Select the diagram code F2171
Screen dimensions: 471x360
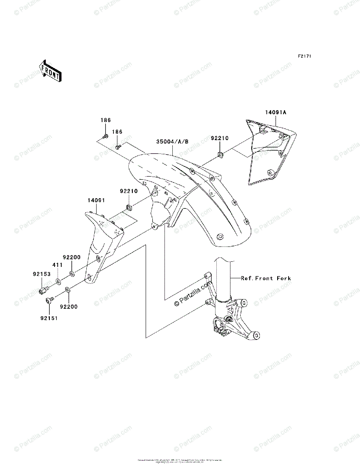304,57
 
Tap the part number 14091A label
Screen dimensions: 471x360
276,112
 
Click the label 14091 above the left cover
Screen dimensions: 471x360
96,200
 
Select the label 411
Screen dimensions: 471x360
58,265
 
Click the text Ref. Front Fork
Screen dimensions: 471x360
266,278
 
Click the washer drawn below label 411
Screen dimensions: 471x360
58,281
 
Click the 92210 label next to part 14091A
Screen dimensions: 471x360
220,139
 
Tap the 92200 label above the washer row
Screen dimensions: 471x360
72,257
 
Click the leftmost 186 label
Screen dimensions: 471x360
105,120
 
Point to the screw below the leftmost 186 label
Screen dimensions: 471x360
105,136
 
